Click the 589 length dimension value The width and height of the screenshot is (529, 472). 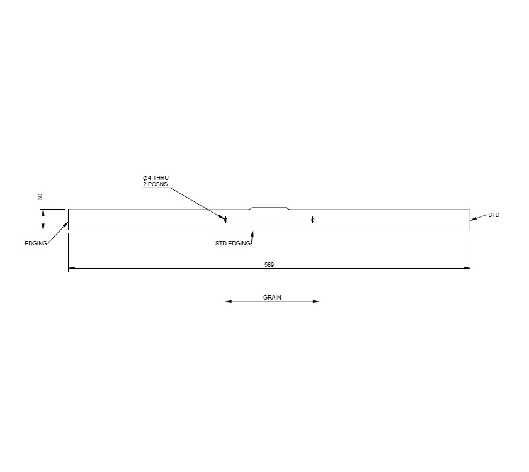[270, 265]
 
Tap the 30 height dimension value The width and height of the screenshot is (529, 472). [41, 197]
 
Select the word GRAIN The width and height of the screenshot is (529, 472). [272, 296]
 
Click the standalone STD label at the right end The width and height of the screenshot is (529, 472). [494, 215]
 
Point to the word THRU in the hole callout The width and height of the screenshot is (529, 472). [161, 179]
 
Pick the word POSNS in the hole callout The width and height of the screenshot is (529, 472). [157, 185]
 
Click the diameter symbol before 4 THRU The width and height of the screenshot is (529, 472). [145, 179]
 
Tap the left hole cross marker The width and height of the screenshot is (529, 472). [225, 220]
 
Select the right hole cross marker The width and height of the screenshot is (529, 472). [312, 220]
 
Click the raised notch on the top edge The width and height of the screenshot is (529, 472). [270, 207]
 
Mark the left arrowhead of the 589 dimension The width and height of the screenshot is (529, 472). [71, 269]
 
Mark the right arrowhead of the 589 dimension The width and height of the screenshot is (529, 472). [467, 269]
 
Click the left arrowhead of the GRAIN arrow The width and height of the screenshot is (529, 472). [228, 301]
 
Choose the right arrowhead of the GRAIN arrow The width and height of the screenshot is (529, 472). [316, 301]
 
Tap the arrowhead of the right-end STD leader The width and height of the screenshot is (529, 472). [472, 219]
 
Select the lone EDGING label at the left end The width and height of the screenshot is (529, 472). [36, 243]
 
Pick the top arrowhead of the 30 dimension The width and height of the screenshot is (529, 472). [43, 212]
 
